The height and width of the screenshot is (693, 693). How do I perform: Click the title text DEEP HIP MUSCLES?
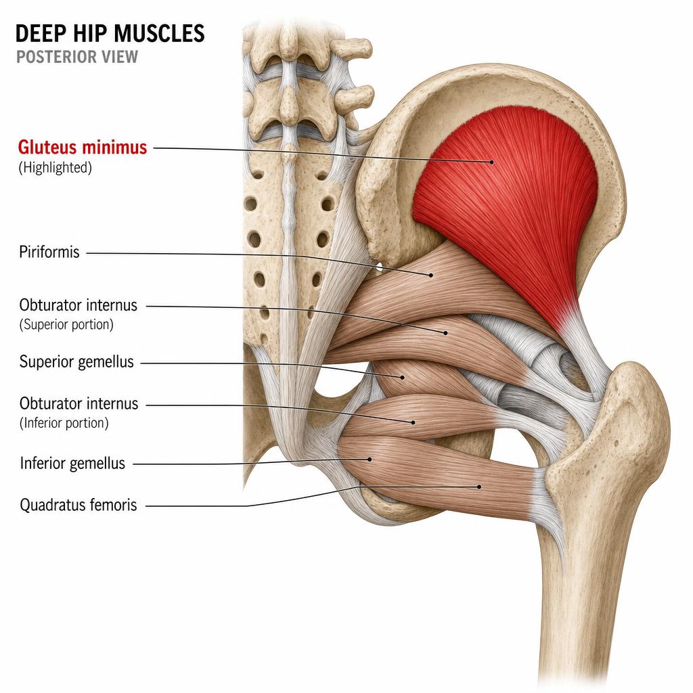click(x=110, y=34)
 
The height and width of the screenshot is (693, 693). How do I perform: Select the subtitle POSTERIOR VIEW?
click(x=77, y=57)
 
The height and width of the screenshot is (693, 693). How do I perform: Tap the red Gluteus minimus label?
click(x=82, y=147)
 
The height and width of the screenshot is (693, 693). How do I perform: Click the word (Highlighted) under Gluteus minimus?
click(x=55, y=168)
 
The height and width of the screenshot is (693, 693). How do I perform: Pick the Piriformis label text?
click(x=49, y=252)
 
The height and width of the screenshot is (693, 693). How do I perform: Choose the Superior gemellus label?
click(x=76, y=361)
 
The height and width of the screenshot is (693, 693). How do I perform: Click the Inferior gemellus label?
click(x=72, y=463)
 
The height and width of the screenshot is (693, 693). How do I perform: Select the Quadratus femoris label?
click(x=79, y=505)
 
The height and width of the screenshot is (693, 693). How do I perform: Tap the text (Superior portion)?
click(x=66, y=324)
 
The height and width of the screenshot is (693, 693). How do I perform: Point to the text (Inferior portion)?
click(x=64, y=423)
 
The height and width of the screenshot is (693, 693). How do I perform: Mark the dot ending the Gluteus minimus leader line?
click(x=492, y=162)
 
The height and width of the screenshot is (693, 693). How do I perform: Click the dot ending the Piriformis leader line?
click(x=431, y=275)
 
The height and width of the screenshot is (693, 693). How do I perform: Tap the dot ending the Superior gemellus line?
click(x=403, y=378)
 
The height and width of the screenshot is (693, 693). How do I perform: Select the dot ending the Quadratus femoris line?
click(x=479, y=487)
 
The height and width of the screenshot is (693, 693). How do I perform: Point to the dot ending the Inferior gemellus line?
click(x=370, y=460)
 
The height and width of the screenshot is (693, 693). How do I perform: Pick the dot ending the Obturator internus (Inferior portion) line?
click(x=413, y=422)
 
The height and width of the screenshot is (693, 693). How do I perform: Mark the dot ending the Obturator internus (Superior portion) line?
click(x=446, y=333)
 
